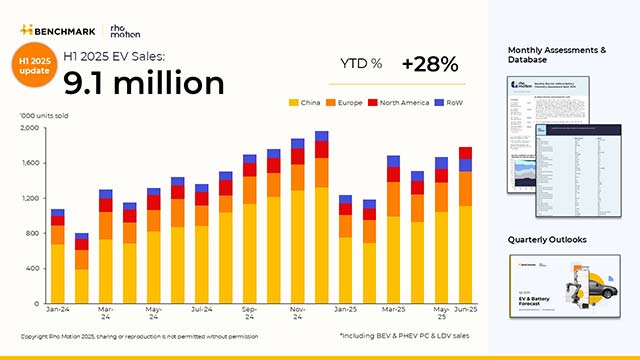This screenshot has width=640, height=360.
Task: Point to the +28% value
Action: coord(429,64)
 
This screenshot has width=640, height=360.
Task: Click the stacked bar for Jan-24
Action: coord(58,256)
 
